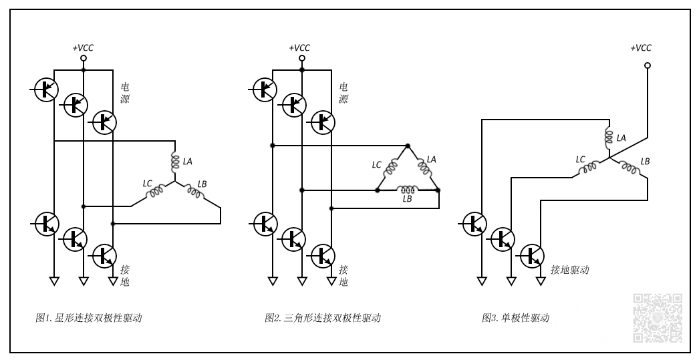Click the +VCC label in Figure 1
tap(84, 48)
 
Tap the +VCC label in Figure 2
tap(299, 48)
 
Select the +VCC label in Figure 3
tap(641, 48)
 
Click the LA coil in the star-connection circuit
tap(175, 162)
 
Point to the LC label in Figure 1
tap(148, 182)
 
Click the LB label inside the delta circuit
tap(407, 199)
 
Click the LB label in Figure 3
tap(645, 162)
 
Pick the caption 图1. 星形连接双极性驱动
tap(89, 318)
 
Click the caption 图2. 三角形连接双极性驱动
tap(323, 318)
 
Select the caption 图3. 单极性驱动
tap(515, 318)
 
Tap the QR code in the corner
tap(658, 318)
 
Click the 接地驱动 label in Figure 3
tap(569, 270)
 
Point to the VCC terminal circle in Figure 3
tap(647, 65)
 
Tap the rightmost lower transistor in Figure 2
tap(323, 254)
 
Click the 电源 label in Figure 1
tap(125, 93)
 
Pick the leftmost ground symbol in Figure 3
tap(482, 281)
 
